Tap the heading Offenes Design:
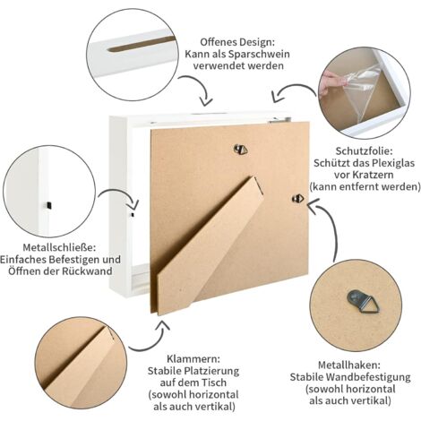click(x=237, y=42)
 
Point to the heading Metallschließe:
click(x=59, y=247)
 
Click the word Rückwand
click(x=87, y=271)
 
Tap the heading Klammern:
click(x=193, y=358)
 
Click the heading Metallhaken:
click(x=349, y=365)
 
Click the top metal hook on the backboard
click(x=241, y=149)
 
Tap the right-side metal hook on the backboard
click(x=298, y=199)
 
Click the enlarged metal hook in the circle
click(x=362, y=301)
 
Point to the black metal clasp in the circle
click(x=47, y=205)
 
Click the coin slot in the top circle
click(x=142, y=44)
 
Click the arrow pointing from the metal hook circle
click(x=330, y=227)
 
